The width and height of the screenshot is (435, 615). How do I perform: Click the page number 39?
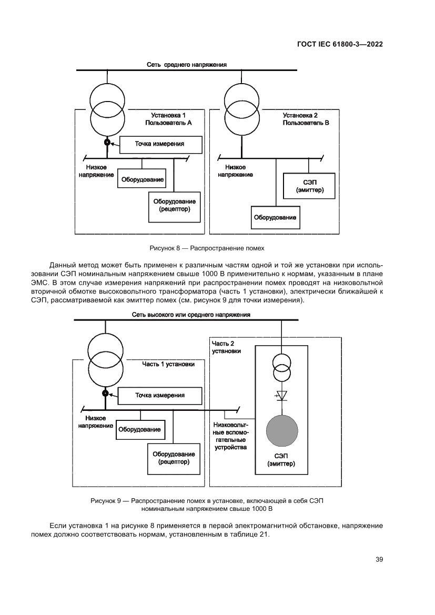[x=379, y=559]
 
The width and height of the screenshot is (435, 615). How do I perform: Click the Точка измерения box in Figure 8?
[x=160, y=144]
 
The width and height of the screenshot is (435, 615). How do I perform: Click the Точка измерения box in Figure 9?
[x=159, y=395]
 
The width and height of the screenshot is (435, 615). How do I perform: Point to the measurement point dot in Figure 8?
[x=107, y=142]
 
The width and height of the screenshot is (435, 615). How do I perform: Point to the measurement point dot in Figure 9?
[x=106, y=393]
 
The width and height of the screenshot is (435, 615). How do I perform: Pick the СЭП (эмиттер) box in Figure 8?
[x=309, y=185]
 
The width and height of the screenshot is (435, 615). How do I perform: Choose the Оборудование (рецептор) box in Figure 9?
[x=174, y=458]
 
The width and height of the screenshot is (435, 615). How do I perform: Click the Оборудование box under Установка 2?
[x=275, y=217]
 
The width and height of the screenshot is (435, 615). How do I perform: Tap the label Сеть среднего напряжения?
[x=187, y=65]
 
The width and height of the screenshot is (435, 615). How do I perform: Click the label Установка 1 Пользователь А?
[x=168, y=118]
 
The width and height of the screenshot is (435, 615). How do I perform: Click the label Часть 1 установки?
[x=168, y=364]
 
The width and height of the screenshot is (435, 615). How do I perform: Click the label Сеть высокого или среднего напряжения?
[x=190, y=315]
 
